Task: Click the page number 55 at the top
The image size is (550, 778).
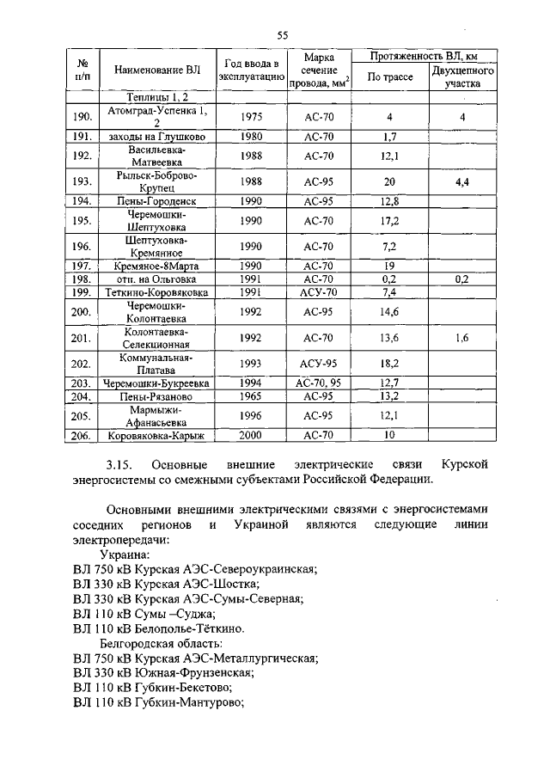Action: point(281,35)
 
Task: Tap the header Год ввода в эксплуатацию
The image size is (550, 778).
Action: point(251,70)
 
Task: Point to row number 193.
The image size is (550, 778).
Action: point(82,181)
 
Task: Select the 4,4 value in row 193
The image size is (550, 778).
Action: point(461,181)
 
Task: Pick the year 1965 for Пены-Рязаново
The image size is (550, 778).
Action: point(251,397)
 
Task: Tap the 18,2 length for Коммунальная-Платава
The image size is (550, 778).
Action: point(389,364)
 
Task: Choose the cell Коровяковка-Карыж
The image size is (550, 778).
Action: point(156,436)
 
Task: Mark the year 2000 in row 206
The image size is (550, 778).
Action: point(251,436)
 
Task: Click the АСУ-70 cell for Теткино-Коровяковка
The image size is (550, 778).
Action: point(318,292)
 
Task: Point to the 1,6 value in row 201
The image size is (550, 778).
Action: point(461,338)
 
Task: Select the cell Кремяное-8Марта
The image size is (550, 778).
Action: point(156,266)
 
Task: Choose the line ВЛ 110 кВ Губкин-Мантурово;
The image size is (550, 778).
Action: point(159,701)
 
